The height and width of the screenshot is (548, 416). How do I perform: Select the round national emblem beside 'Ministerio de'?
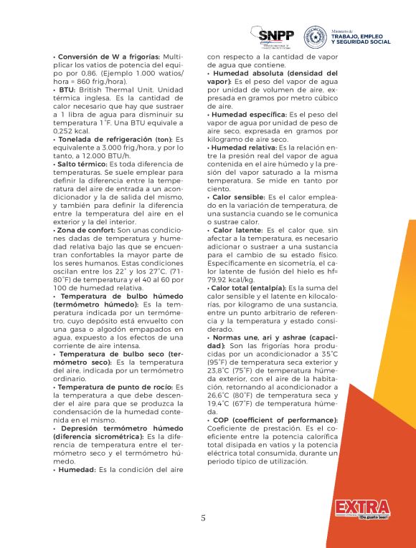pos(314,34)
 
